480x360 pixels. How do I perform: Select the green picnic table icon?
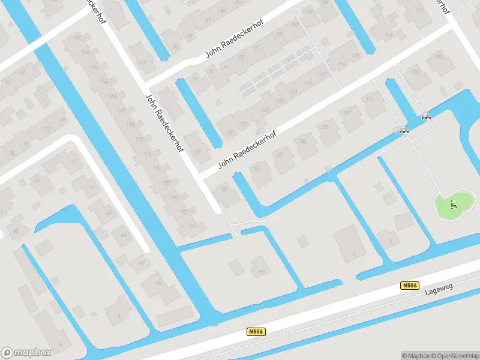(x=454, y=204)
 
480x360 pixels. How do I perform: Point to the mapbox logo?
(x=26, y=353)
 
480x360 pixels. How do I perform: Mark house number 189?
(x=325, y=126)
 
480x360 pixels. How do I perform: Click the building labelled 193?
(x=370, y=100)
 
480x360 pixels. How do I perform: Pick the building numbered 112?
(x=420, y=10)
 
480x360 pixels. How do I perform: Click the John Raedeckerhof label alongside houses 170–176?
(x=164, y=122)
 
